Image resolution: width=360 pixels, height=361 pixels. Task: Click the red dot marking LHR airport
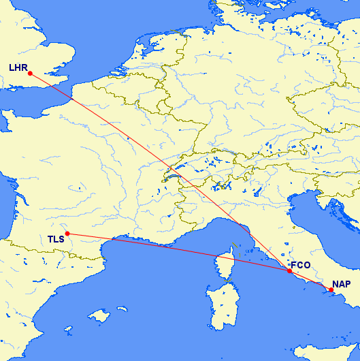[30, 73]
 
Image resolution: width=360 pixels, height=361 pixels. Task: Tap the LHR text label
[18, 67]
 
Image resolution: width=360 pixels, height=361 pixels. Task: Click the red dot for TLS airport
[67, 234]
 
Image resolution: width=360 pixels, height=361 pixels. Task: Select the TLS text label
[56, 239]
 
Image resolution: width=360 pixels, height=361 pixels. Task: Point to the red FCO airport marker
[289, 271]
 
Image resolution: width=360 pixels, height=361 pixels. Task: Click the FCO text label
[300, 264]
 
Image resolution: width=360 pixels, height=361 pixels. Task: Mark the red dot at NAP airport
[331, 290]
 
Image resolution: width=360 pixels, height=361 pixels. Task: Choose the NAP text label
[342, 283]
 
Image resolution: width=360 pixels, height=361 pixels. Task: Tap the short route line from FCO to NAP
[310, 281]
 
